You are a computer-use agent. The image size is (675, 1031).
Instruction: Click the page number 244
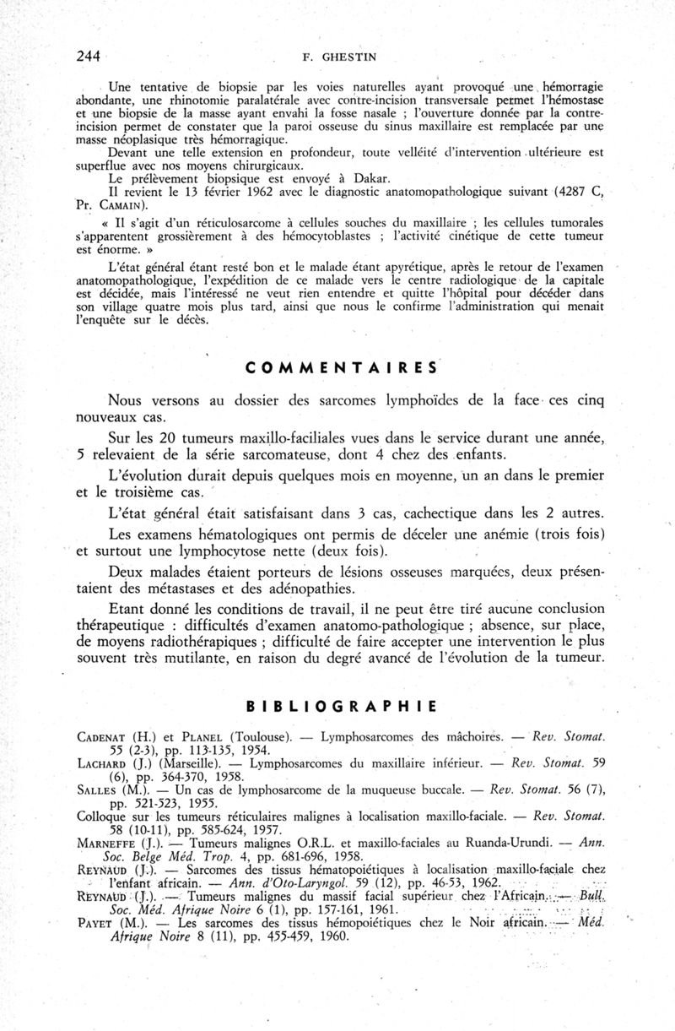click(88, 57)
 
